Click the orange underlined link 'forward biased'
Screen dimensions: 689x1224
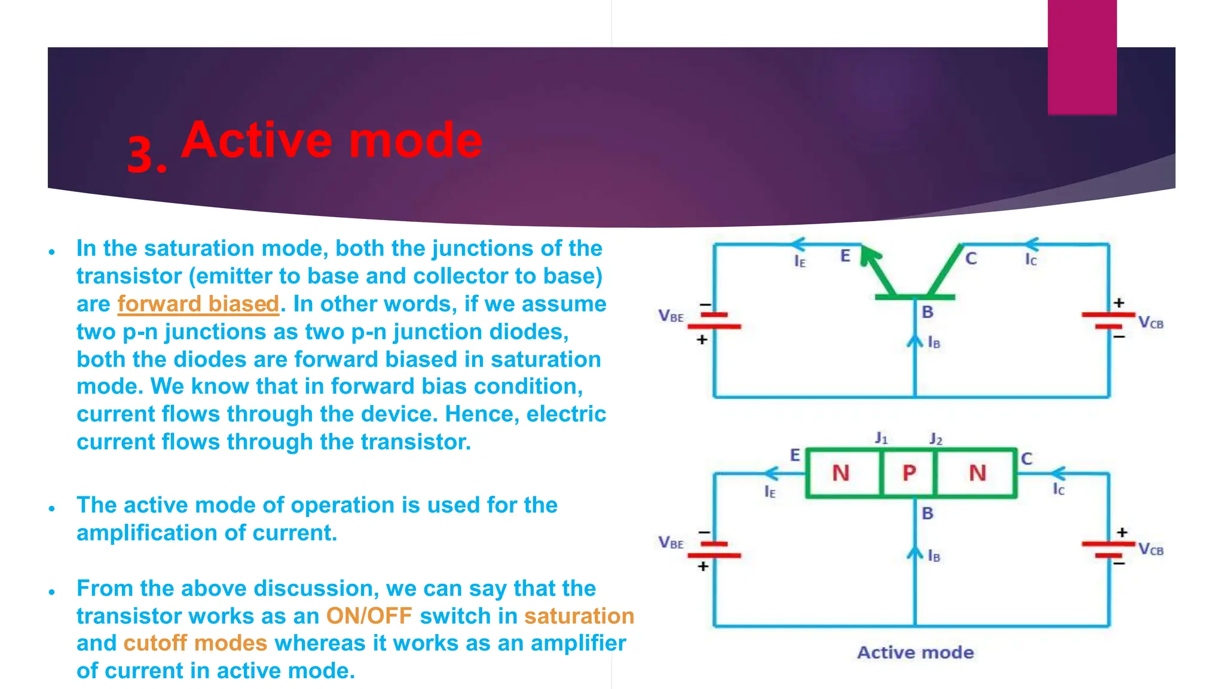click(x=198, y=304)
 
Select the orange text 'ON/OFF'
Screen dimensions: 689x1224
click(x=369, y=615)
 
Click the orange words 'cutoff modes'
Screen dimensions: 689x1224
click(x=195, y=643)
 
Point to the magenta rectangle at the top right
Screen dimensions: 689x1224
click(x=1082, y=57)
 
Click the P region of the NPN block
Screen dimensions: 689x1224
click(x=909, y=473)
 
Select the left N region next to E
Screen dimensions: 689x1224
click(x=841, y=473)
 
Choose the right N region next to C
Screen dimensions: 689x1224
click(x=977, y=473)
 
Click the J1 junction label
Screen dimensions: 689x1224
click(x=881, y=438)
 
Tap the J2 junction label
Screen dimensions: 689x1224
click(x=935, y=440)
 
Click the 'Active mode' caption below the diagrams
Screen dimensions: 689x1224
click(x=915, y=652)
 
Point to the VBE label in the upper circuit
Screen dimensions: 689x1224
click(x=671, y=316)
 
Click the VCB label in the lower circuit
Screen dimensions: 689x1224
click(x=1150, y=550)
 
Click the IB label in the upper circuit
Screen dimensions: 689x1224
click(x=934, y=343)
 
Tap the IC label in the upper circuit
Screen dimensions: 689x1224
click(x=1031, y=260)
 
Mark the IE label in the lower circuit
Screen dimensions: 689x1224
click(x=770, y=492)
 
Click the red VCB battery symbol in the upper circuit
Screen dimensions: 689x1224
click(x=1109, y=321)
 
